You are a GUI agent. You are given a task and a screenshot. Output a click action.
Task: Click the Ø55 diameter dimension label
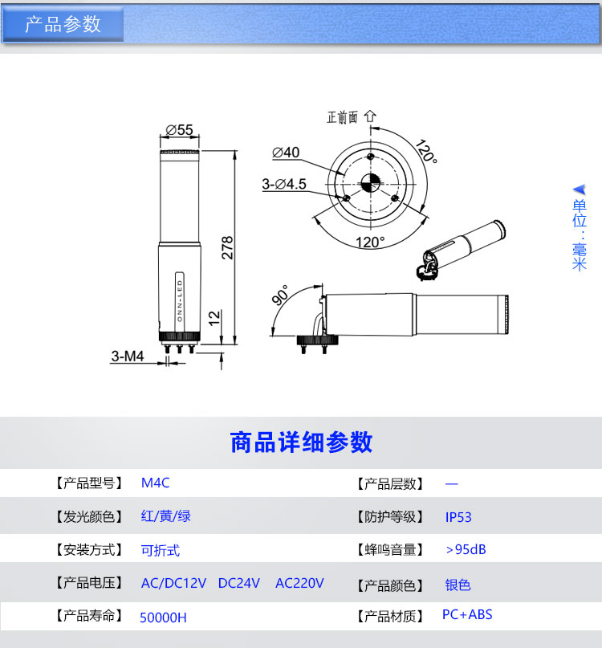pyautogui.click(x=179, y=130)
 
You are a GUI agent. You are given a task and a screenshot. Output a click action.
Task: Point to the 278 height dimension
pyautogui.click(x=227, y=248)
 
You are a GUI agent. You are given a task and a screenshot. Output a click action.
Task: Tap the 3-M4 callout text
pyautogui.click(x=128, y=356)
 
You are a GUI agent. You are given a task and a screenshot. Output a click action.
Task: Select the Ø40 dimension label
pyautogui.click(x=286, y=153)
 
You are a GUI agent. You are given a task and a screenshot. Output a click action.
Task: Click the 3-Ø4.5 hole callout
pyautogui.click(x=284, y=184)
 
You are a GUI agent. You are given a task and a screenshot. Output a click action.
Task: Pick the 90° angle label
pyautogui.click(x=281, y=295)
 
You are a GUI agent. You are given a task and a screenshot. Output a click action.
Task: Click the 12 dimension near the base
pyautogui.click(x=214, y=318)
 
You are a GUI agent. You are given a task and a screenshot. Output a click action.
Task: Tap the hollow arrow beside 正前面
pyautogui.click(x=370, y=116)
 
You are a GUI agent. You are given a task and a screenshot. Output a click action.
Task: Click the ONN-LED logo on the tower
pyautogui.click(x=180, y=301)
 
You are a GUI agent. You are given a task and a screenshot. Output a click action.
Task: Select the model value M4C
pyautogui.click(x=156, y=483)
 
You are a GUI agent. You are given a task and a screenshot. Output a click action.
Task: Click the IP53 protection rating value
pyautogui.click(x=458, y=517)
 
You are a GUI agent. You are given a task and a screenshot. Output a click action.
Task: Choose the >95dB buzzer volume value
pyautogui.click(x=466, y=550)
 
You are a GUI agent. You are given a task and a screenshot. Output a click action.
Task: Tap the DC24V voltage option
pyautogui.click(x=239, y=583)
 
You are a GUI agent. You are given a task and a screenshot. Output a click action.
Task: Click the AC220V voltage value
pyautogui.click(x=299, y=583)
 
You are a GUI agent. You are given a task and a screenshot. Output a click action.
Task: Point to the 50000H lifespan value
pyautogui.click(x=163, y=617)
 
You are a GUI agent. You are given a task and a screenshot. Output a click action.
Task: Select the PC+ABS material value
pyautogui.click(x=467, y=614)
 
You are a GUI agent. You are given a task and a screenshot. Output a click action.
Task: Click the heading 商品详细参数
pyautogui.click(x=301, y=442)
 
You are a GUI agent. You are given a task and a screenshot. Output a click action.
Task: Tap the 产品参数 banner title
pyautogui.click(x=63, y=24)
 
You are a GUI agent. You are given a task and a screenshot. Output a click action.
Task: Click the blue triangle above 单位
pyautogui.click(x=580, y=190)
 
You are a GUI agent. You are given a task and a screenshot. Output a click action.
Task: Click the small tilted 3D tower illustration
pyautogui.click(x=461, y=250)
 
